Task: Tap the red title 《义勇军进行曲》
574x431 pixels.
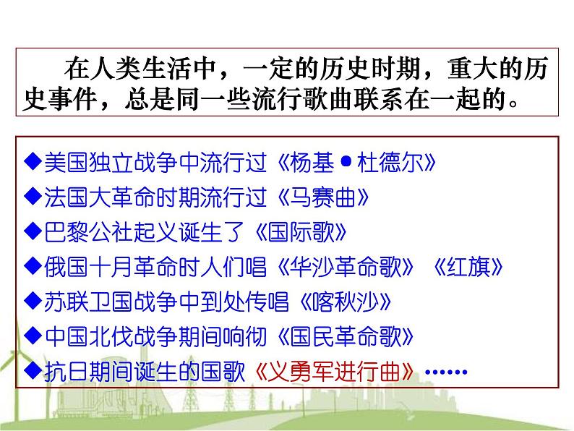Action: tap(337, 372)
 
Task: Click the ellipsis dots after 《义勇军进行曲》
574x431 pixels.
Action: tap(447, 372)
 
